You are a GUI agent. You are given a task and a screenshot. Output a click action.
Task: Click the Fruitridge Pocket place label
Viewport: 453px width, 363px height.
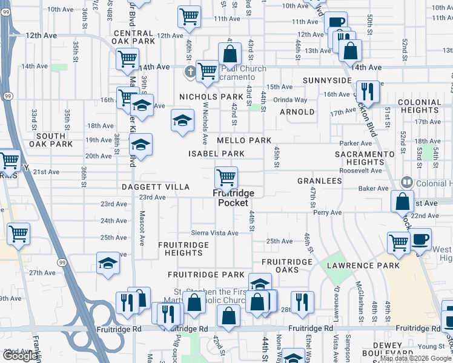233,198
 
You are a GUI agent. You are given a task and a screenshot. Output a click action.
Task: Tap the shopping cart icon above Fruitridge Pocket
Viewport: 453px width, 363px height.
226,177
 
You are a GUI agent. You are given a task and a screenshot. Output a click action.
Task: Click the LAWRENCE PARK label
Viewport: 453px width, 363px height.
363,266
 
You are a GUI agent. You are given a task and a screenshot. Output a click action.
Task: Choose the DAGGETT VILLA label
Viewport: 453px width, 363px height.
155,187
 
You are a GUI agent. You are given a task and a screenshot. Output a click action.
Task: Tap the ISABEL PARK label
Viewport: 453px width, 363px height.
216,154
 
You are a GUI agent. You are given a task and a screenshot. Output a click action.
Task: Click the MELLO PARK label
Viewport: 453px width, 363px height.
245,140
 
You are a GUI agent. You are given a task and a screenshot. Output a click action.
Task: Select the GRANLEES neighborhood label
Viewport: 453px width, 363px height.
320,181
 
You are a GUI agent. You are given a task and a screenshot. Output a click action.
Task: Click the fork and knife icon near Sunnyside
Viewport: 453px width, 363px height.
368,91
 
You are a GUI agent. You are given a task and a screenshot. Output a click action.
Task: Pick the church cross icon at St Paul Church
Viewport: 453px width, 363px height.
190,72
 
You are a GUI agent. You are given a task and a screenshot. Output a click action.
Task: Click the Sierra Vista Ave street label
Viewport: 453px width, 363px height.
215,232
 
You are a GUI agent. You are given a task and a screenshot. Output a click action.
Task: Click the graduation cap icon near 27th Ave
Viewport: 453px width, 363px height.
108,263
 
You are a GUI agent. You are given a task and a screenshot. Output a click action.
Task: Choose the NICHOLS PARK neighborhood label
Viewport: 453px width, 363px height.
211,97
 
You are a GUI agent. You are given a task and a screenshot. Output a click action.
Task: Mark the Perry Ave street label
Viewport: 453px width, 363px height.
328,213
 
